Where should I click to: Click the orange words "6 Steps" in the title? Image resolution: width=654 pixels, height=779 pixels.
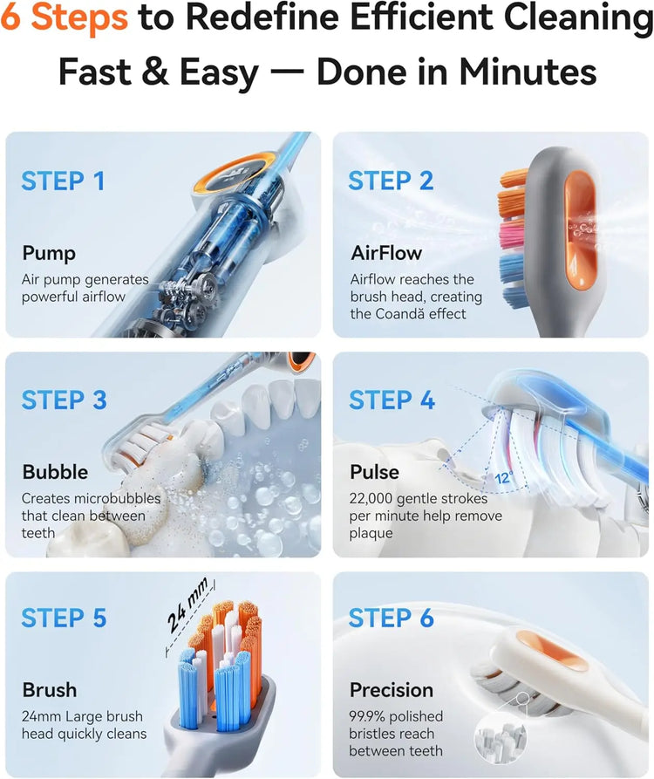[64, 17]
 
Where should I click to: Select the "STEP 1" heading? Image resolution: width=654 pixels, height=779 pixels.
[63, 181]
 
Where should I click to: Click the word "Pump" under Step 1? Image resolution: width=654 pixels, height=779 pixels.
[49, 253]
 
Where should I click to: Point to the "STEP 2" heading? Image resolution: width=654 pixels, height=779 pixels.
[391, 181]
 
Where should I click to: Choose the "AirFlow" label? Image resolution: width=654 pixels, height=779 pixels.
[386, 253]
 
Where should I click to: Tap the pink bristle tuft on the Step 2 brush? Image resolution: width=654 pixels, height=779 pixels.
[512, 234]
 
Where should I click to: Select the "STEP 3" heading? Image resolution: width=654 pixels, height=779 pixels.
[64, 400]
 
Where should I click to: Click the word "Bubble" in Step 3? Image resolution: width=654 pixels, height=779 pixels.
[55, 472]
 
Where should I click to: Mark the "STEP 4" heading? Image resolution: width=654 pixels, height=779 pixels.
[392, 400]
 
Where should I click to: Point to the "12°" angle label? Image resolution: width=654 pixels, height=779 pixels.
[503, 478]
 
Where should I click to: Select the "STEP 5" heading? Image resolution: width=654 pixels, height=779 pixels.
[64, 618]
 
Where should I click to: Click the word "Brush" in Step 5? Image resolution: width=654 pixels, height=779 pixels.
[50, 690]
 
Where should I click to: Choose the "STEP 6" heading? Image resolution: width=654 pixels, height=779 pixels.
[392, 618]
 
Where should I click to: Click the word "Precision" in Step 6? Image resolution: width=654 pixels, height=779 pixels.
[392, 690]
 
